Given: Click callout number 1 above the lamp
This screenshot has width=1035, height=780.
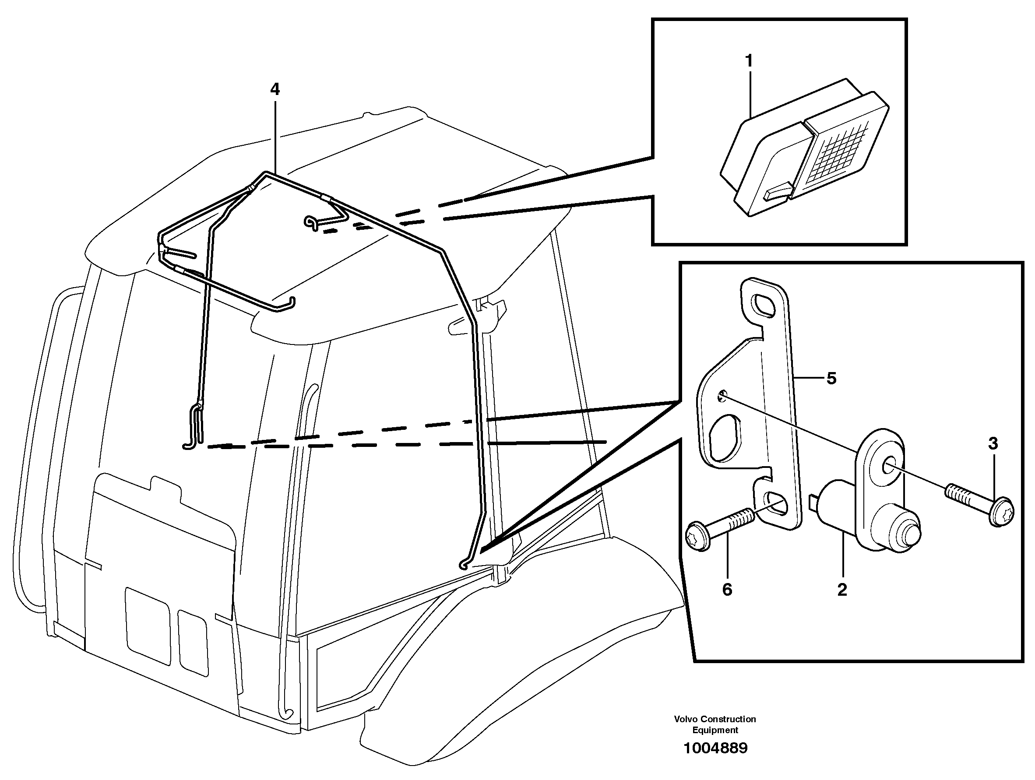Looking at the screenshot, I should click(749, 61).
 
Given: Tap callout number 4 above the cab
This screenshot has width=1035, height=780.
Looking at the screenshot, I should click(275, 89).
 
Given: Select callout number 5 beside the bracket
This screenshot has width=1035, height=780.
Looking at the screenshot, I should click(831, 378).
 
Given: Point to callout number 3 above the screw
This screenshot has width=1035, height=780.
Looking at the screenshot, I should click(993, 443).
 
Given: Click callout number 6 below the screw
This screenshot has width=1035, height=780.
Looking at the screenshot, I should click(727, 590).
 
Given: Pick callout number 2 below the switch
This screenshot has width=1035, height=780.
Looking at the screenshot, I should click(842, 590).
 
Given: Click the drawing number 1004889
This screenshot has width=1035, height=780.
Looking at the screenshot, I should click(715, 748).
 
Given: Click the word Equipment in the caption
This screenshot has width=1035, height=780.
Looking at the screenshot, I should click(715, 731).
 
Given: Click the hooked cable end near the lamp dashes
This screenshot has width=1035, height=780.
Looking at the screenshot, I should click(311, 223).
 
